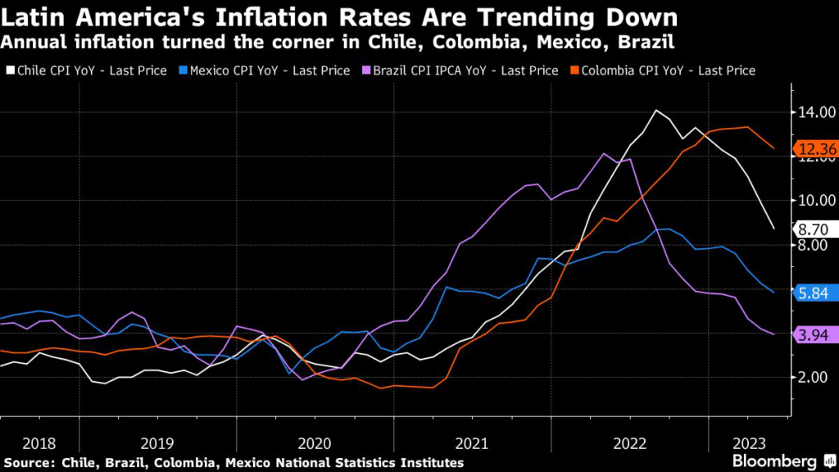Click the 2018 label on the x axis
tap(39, 443)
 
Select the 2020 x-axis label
tap(315, 443)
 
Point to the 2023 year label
tap(748, 443)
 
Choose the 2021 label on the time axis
tap(472, 443)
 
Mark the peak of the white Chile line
tap(656, 110)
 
